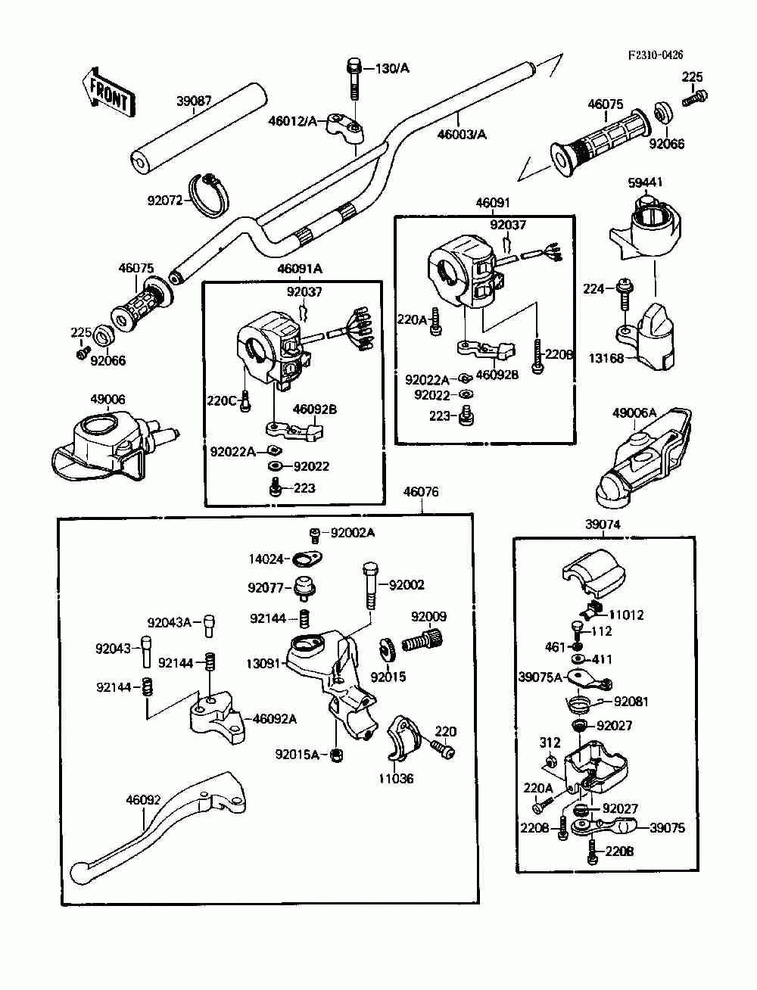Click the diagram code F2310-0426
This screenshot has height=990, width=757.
coord(655,55)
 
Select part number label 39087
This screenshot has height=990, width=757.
coord(195,101)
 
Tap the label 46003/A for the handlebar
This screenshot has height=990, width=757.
coord(462,135)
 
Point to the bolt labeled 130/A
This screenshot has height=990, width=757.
coord(354,78)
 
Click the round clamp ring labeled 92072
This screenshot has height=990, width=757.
coord(211,194)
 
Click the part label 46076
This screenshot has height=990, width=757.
coord(421,492)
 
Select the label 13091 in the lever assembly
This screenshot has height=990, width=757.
coord(263,664)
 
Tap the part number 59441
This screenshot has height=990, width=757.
coord(646,182)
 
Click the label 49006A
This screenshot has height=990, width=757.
coord(634,412)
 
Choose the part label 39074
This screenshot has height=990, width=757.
coord(603,524)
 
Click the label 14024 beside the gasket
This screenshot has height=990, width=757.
coord(266,559)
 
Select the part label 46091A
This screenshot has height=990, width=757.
coord(300,269)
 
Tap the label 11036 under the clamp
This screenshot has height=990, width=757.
coord(397,778)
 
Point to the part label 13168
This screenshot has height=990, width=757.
coord(606,358)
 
